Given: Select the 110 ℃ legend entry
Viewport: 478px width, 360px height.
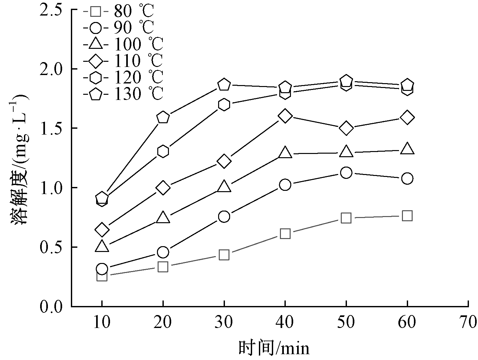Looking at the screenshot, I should coord(123,60).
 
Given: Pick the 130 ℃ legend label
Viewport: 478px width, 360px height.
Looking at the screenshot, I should coord(123,94).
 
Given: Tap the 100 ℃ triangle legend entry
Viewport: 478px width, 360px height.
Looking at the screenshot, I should coord(123,44).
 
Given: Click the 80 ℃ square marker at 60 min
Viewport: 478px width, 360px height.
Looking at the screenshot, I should coord(407,216).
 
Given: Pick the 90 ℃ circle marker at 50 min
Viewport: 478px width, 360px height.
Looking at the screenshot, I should coord(346,173).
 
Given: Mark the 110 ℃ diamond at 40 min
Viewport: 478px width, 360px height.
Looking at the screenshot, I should coord(285,116).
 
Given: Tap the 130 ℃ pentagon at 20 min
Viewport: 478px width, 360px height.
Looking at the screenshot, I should coord(163,117).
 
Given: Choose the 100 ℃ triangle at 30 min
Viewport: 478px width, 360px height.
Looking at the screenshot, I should coord(224,187).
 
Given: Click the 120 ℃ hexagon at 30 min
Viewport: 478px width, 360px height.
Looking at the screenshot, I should coord(224,105).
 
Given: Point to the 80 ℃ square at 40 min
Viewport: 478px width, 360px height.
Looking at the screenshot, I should coord(285,234).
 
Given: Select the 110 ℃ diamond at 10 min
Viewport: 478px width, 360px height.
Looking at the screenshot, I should coord(102,230).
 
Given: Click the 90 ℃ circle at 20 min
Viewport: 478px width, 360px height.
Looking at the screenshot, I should coord(163,252).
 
